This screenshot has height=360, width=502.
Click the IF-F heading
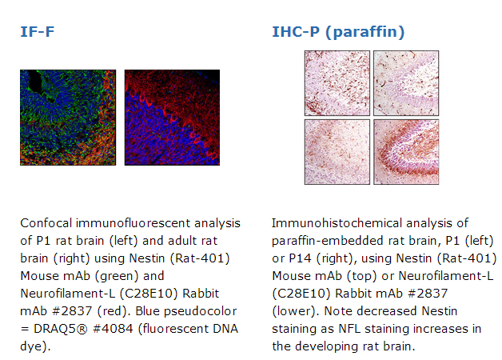pos(37,32)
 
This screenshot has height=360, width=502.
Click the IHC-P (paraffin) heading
pos(338,32)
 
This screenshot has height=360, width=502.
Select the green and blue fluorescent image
pos(68,118)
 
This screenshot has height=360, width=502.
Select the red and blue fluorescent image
pos(172,118)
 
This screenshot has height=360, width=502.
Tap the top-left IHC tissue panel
pos(337,83)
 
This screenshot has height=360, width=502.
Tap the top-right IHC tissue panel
pos(406,83)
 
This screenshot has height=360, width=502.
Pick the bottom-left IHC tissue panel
pos(337,152)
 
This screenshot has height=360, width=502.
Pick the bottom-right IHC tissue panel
pos(406,152)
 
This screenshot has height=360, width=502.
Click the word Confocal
pos(46,223)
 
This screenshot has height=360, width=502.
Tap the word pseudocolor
pos(200,312)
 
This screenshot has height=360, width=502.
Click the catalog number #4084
pos(113,329)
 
